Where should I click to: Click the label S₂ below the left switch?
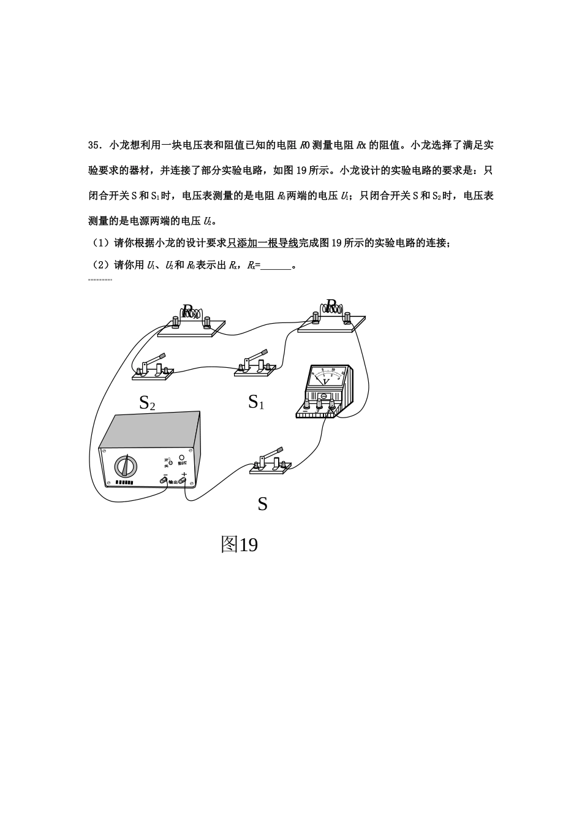[x=147, y=403]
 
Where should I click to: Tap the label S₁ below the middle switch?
[x=256, y=402]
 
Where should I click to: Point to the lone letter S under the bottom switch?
[x=262, y=504]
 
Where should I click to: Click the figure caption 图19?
[x=239, y=544]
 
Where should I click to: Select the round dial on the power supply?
[x=126, y=467]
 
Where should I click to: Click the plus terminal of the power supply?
[x=183, y=482]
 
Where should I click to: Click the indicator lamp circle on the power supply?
[x=181, y=457]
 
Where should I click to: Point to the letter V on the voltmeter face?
[x=326, y=381]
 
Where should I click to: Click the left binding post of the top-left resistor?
[x=176, y=322]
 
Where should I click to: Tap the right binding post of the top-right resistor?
[x=347, y=317]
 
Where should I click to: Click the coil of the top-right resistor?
[x=332, y=309]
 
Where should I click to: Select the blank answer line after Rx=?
[x=276, y=266]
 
